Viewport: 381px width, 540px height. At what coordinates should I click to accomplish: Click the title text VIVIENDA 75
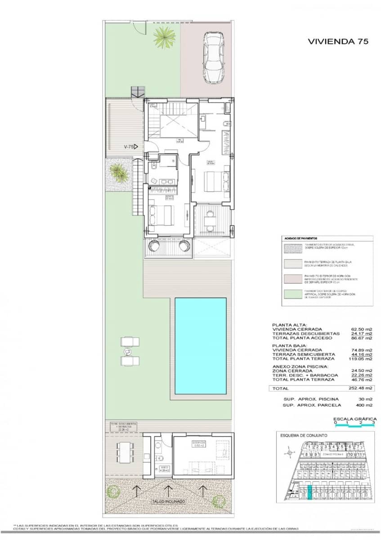pyautogui.click(x=338, y=41)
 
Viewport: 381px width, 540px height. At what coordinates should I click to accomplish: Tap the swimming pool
pyautogui.click(x=200, y=346)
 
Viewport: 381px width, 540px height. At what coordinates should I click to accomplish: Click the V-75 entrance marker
pyautogui.click(x=131, y=147)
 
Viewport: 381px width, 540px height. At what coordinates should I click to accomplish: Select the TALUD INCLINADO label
pyautogui.click(x=169, y=501)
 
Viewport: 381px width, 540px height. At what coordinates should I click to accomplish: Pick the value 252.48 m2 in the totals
pyautogui.click(x=362, y=388)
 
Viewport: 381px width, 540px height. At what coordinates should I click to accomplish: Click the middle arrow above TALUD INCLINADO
pyautogui.click(x=169, y=489)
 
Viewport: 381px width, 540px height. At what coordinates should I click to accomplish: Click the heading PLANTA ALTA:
pyautogui.click(x=289, y=324)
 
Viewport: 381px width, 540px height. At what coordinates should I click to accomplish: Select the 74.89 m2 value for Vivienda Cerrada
pyautogui.click(x=362, y=350)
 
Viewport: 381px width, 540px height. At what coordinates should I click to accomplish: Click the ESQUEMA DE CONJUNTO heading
pyautogui.click(x=304, y=436)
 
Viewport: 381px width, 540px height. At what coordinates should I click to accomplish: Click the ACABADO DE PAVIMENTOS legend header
pyautogui.click(x=301, y=238)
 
